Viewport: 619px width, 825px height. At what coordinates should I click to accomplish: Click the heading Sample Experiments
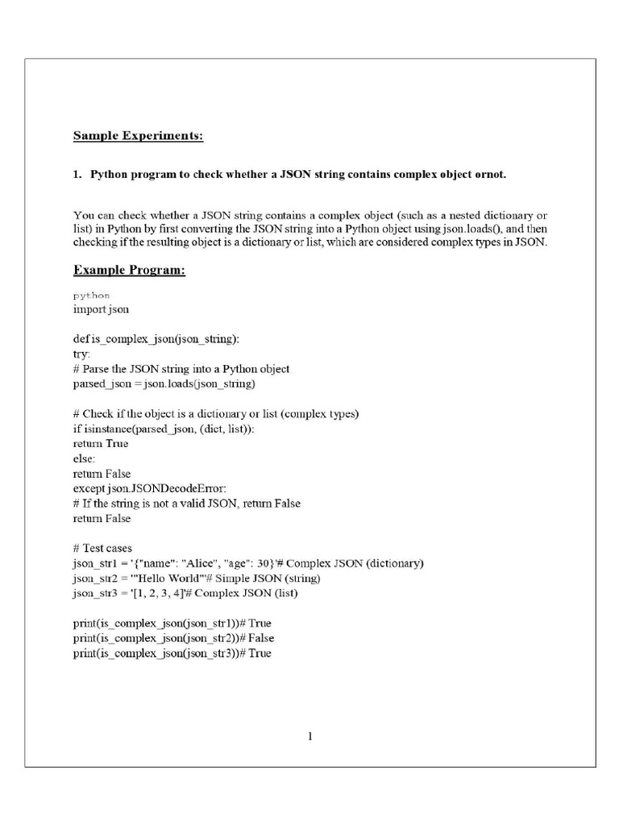(138, 135)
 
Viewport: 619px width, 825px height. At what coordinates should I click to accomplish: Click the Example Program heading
(129, 270)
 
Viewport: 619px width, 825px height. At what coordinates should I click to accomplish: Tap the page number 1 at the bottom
(310, 735)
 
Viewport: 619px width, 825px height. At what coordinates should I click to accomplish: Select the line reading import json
(101, 309)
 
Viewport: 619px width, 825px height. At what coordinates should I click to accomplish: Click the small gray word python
(91, 295)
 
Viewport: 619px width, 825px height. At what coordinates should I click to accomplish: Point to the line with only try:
(82, 354)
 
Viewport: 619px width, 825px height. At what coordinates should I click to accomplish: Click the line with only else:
(85, 458)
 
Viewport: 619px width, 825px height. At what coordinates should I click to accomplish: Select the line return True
(101, 443)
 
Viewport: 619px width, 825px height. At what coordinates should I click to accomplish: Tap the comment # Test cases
(102, 548)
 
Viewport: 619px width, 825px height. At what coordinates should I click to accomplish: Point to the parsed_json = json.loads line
(164, 383)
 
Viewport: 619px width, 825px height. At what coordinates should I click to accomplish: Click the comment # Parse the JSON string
(181, 368)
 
